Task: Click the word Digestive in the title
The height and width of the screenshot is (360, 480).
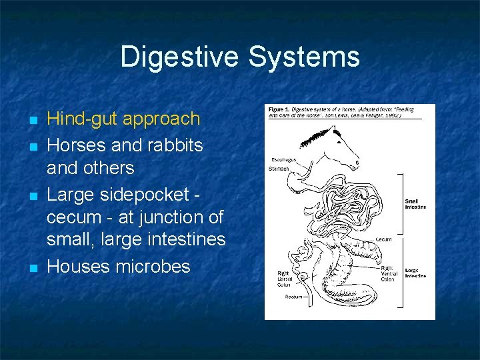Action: click(x=181, y=57)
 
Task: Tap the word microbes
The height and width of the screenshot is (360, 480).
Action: click(x=153, y=266)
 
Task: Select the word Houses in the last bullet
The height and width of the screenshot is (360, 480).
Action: click(x=78, y=266)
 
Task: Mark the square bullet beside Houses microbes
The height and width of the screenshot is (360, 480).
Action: click(x=31, y=269)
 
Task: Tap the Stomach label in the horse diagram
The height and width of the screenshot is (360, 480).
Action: click(x=280, y=169)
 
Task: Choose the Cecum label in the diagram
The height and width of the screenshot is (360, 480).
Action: click(x=383, y=238)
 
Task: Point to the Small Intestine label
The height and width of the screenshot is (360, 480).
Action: click(x=415, y=204)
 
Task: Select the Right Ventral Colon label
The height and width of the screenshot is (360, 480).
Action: click(x=389, y=273)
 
